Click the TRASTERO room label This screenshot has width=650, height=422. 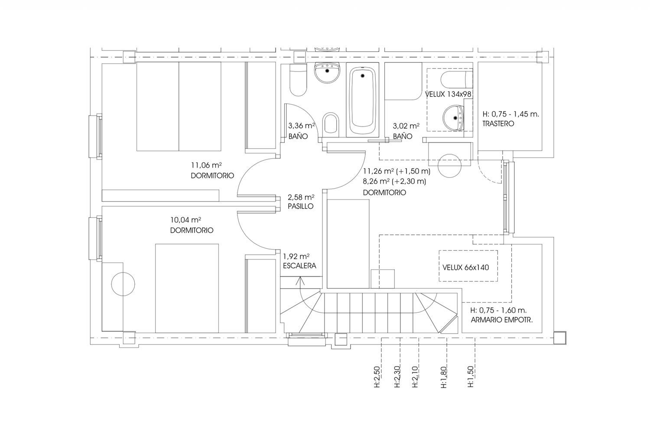click(x=498, y=123)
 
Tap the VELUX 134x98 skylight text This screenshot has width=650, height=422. click(x=448, y=94)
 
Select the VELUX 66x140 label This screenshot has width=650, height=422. click(x=465, y=267)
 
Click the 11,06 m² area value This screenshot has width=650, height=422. click(x=206, y=166)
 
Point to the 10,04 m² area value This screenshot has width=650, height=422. click(x=185, y=220)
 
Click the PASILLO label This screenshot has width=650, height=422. click(x=300, y=207)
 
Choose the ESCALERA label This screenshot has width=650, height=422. click(x=299, y=266)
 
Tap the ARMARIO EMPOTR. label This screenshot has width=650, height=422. click(x=502, y=320)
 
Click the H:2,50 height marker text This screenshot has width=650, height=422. click(x=377, y=377)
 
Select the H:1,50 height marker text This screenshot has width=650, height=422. click(x=470, y=377)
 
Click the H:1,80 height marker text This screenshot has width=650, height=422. click(x=443, y=377)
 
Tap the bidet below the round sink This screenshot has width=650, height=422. click(x=331, y=123)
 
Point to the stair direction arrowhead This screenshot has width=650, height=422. click(x=300, y=280)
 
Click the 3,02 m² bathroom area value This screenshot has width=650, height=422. click(x=406, y=126)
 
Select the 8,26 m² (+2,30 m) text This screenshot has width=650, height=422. click(x=394, y=182)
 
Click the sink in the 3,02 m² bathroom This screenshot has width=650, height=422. click(x=453, y=118)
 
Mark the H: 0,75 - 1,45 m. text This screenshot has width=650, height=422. click(x=511, y=114)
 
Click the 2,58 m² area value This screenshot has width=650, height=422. click(x=301, y=198)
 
